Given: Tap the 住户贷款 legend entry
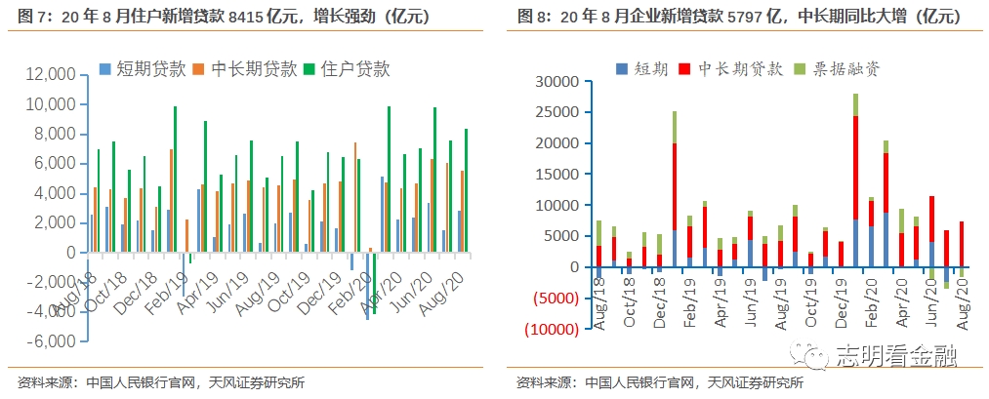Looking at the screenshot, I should (x=353, y=68).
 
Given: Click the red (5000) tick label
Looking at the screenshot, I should (x=552, y=299).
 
